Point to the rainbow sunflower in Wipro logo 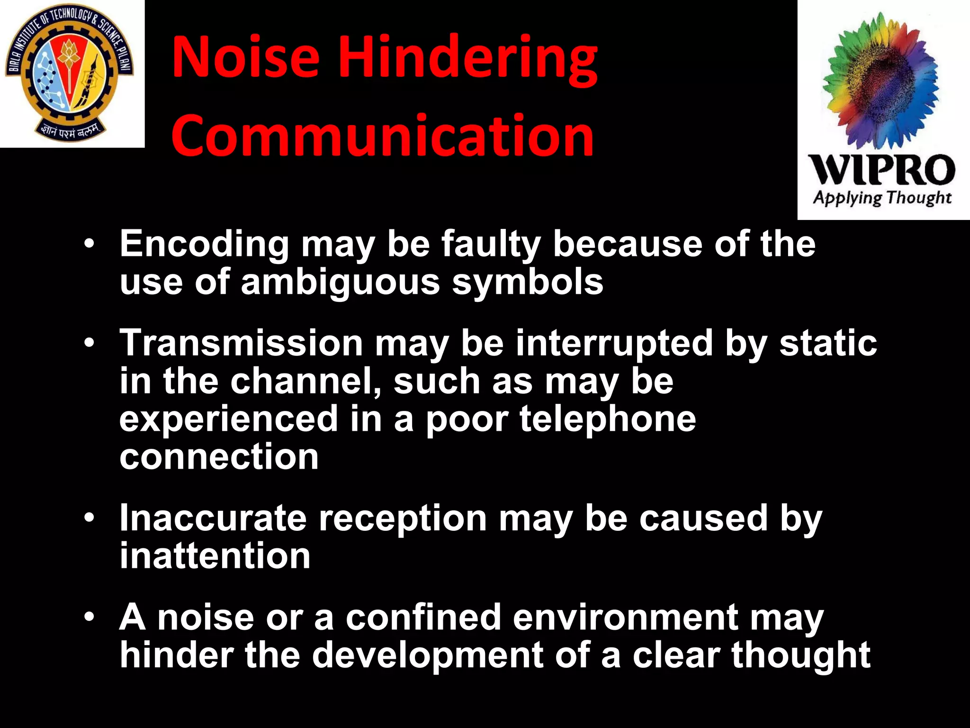(x=880, y=81)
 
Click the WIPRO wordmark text (x=881, y=170)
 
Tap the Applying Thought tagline (x=882, y=198)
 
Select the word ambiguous (x=341, y=282)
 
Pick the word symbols (x=527, y=282)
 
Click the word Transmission (x=241, y=343)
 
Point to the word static (x=828, y=343)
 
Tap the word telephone (x=608, y=419)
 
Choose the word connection (x=219, y=457)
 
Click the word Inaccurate (x=213, y=518)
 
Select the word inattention (x=215, y=555)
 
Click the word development (x=427, y=655)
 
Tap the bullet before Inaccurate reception (x=89, y=518)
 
